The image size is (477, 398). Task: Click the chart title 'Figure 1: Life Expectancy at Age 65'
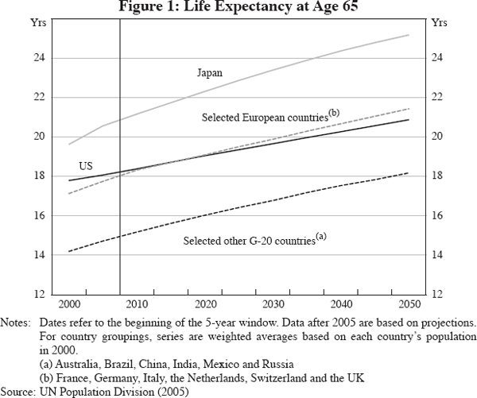[238, 7]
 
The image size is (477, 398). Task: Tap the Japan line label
[209, 72]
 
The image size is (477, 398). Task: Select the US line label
[86, 165]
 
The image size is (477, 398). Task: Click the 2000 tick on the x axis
[70, 304]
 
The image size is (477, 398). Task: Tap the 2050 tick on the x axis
[409, 304]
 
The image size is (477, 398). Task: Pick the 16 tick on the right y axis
[436, 215]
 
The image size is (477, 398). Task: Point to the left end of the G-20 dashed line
[70, 251]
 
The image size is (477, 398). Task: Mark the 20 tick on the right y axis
[436, 137]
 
